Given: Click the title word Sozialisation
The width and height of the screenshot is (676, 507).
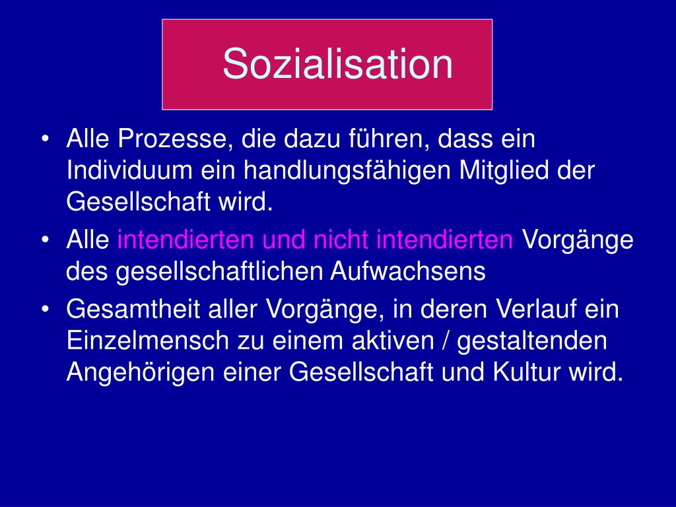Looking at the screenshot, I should click(337, 64).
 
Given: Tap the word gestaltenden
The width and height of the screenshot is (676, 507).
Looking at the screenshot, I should click(531, 341).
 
